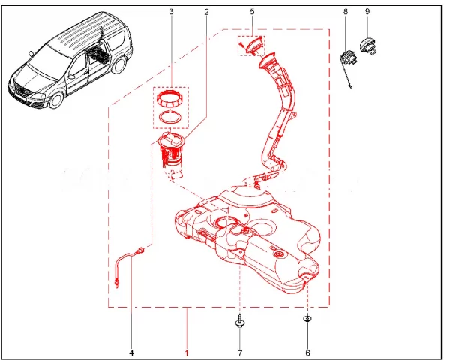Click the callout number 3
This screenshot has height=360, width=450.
pos(171,12)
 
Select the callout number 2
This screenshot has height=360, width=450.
pos(206,12)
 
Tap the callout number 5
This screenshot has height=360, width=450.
pos(252,12)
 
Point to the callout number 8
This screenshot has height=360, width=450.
pos(346,11)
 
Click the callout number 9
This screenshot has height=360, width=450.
pos(367,11)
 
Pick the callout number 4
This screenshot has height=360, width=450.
pos(132,352)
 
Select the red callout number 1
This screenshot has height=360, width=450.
pos(187,352)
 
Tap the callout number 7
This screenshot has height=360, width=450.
pos(240,352)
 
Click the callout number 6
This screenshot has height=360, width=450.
pos(307,352)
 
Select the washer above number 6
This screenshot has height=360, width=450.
pos(307,318)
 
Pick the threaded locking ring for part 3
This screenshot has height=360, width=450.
pos(170,97)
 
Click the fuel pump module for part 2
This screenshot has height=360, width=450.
pos(171,151)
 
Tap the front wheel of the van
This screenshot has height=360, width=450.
pos(56,100)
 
